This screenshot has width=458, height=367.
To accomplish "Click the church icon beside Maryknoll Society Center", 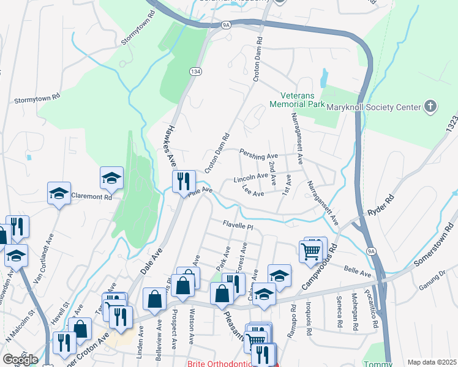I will tap(431, 107).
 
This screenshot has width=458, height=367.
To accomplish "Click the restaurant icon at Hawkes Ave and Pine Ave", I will tap(184, 182).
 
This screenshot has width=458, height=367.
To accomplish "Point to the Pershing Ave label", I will tap(259, 153).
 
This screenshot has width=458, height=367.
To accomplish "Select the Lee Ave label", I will tap(253, 191).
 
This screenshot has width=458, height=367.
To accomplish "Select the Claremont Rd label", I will tap(92, 197).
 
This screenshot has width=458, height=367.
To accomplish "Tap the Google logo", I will tap(20, 359).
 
